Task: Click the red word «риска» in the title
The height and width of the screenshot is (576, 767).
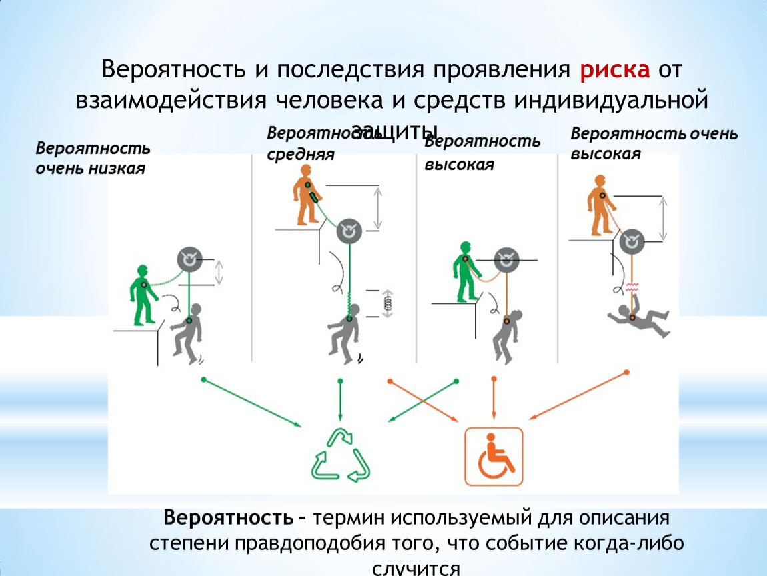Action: (x=614, y=70)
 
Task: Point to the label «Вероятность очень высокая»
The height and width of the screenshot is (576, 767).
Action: (x=654, y=143)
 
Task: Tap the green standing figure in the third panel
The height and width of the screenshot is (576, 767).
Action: (x=464, y=270)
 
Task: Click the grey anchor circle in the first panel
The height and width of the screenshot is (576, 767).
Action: (x=189, y=260)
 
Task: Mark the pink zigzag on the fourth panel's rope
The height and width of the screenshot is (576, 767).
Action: (x=631, y=287)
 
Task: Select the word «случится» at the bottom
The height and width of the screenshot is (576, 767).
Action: (x=417, y=568)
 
